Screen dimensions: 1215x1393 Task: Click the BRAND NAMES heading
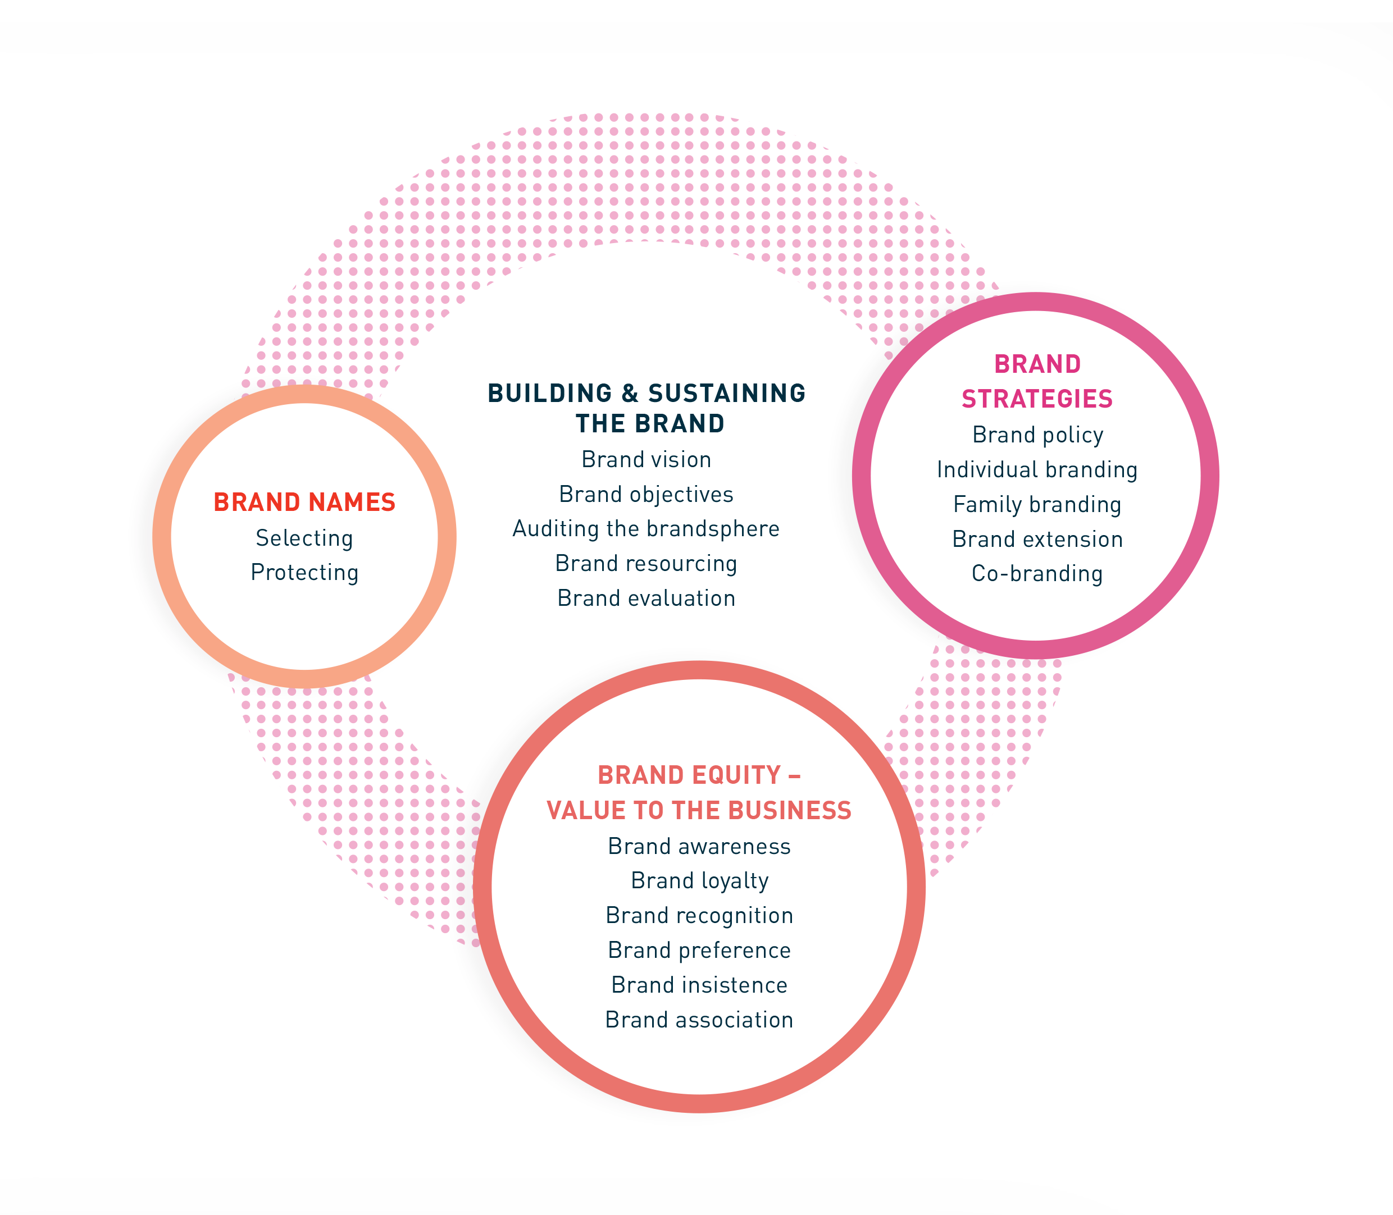(304, 503)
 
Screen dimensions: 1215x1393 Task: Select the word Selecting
(304, 538)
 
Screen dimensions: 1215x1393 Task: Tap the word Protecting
(304, 573)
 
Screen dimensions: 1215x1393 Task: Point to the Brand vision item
(647, 460)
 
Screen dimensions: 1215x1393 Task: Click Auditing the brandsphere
(647, 529)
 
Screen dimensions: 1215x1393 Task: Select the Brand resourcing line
(647, 564)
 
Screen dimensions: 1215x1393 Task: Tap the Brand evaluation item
(647, 598)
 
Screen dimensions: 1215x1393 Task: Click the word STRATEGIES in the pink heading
(1037, 399)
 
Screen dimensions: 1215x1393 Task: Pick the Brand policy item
(1037, 435)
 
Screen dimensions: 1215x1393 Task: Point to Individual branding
(1037, 470)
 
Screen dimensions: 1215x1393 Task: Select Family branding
(1037, 504)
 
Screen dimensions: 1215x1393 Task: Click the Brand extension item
(1037, 539)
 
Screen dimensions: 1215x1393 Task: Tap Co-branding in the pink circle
(1037, 574)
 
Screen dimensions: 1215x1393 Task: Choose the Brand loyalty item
(699, 881)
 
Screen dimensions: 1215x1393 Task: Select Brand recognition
(699, 915)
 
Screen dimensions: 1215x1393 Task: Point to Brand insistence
(699, 985)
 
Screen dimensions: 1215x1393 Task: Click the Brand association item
(699, 1020)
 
